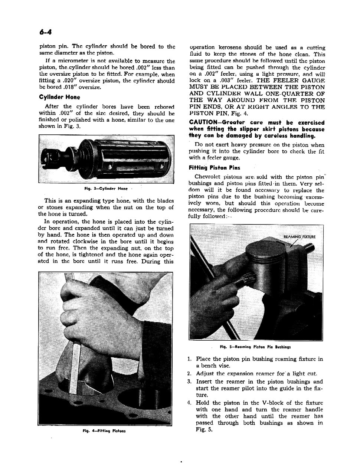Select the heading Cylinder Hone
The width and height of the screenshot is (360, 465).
coord(59,98)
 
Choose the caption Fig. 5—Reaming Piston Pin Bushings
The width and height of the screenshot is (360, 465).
coord(255,347)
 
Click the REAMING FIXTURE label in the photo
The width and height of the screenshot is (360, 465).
coord(299,238)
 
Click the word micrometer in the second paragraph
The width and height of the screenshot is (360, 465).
coord(71,61)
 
